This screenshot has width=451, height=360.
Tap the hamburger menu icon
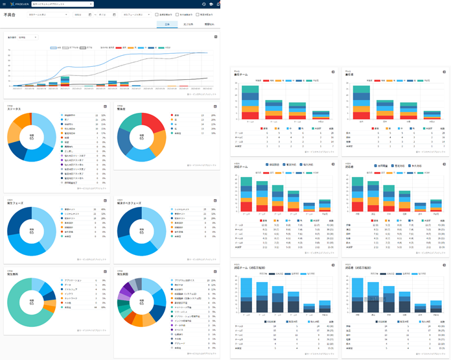pos(3,4)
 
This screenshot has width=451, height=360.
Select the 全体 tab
pos(167,25)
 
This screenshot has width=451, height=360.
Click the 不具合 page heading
pos(10,14)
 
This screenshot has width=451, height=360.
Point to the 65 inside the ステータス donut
pos(32,138)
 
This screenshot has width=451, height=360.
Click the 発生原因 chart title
pos(123,275)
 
